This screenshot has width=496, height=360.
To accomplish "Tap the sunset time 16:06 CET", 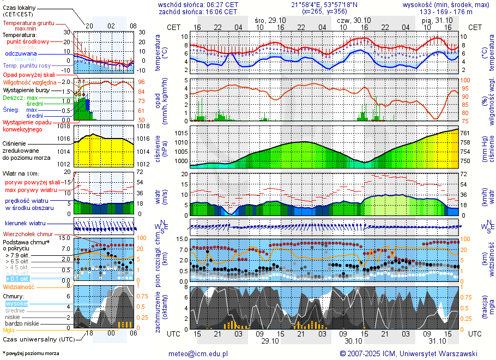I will coord(223,11).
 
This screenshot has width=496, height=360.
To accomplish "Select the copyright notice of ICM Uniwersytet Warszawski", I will coord(408,353).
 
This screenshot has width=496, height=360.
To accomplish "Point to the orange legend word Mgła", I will coord(9,330).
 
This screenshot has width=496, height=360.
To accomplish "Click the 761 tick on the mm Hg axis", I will coord(464,133).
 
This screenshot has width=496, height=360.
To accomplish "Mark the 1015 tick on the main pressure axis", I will coord(181,133).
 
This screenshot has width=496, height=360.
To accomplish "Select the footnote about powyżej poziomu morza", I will coord(31,353).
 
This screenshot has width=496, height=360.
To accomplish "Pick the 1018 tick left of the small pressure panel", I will coord(64,126).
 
